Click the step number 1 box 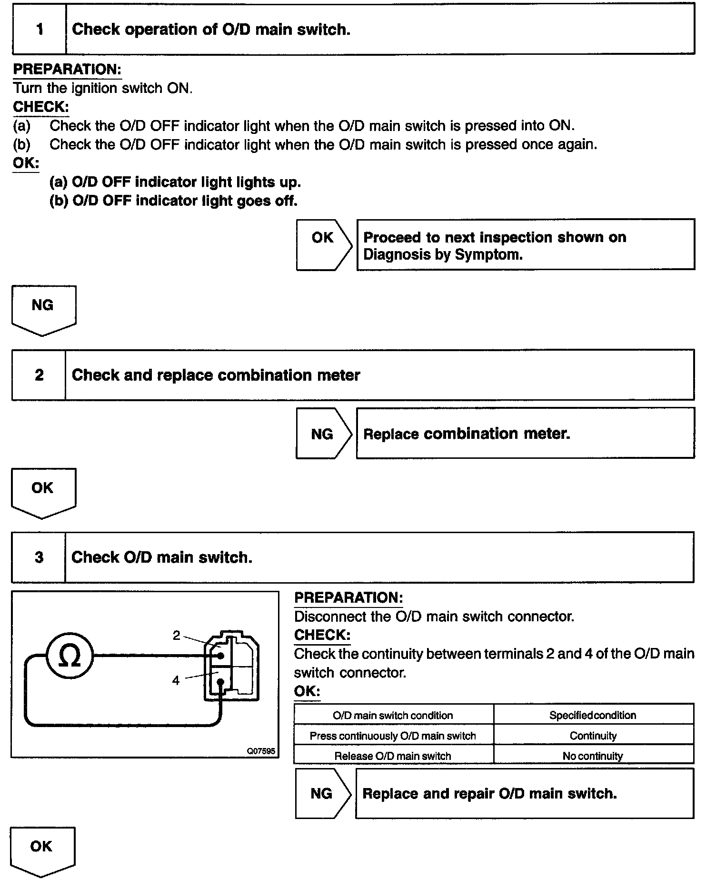pos(40,30)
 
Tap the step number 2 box pos(39,375)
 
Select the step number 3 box pos(39,557)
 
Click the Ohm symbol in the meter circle pos(70,657)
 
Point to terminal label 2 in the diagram pos(177,635)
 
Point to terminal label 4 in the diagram pos(176,680)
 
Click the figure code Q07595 pos(260,751)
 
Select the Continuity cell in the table pos(593,736)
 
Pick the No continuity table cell pos(593,756)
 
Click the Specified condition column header pos(593,715)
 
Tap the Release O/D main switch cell pos(393,756)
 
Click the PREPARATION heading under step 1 pos(67,70)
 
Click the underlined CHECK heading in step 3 pos(322,635)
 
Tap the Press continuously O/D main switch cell pos(393,736)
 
